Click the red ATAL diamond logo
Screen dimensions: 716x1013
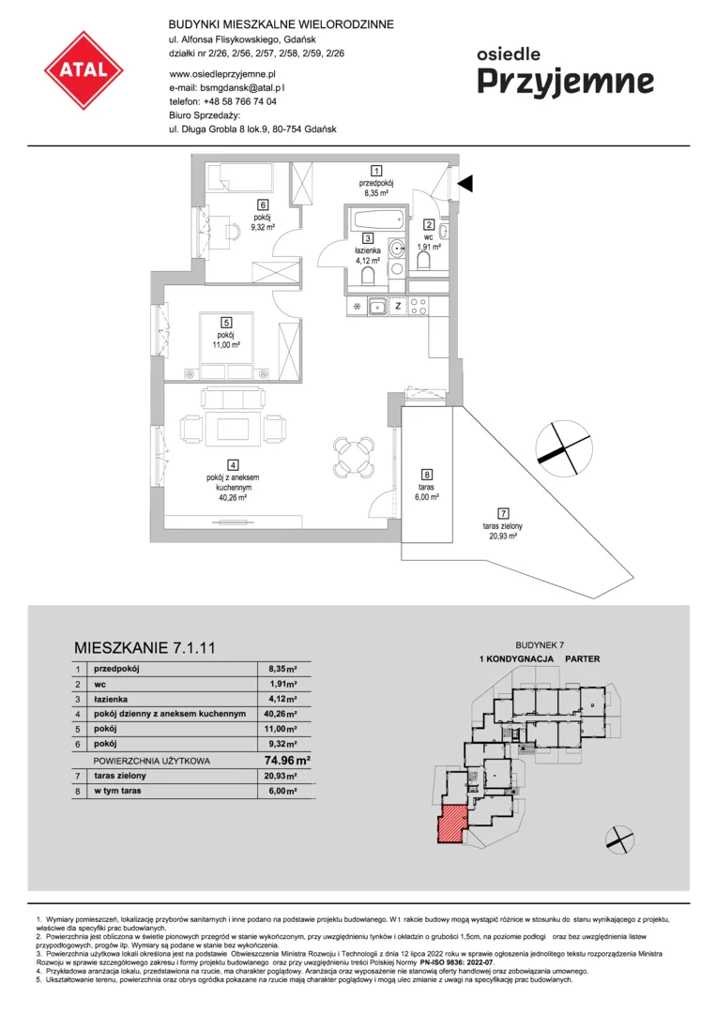coord(84,69)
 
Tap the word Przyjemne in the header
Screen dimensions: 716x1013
coord(566,83)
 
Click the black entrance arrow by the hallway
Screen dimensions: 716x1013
coord(465,184)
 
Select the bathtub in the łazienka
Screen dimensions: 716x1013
coord(377,219)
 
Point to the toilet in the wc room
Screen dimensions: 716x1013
coord(424,260)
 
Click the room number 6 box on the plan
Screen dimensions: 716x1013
coord(263,205)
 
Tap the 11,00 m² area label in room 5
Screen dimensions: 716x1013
coord(226,345)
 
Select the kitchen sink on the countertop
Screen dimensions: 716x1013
coord(377,306)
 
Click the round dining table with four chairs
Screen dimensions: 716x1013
coord(354,457)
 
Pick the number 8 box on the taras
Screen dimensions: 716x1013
coord(426,475)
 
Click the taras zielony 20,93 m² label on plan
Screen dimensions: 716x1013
coord(503,531)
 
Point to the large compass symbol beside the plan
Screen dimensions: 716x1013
coord(564,447)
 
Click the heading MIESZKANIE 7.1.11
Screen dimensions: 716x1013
coord(145,647)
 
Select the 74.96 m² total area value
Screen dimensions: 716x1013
coord(287,761)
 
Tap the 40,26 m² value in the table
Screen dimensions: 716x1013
coord(282,714)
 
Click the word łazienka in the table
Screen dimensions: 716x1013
coord(111,699)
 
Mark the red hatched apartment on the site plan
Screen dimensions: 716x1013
coord(451,824)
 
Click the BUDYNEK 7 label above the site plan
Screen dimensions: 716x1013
coord(540,644)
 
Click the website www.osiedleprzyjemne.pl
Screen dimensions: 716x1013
coord(222,74)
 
